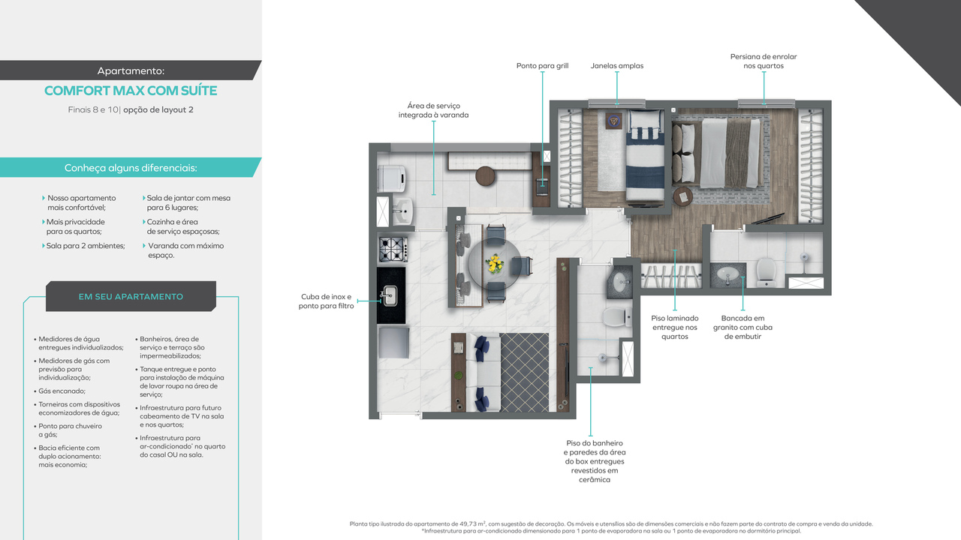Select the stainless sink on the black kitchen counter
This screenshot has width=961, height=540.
pyautogui.click(x=390, y=295)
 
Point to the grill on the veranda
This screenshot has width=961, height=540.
pyautogui.click(x=542, y=184)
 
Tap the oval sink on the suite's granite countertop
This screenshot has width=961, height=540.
pyautogui.click(x=725, y=274)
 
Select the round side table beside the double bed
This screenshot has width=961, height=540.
pyautogui.click(x=683, y=196)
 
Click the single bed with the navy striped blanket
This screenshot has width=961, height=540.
pyautogui.click(x=645, y=155)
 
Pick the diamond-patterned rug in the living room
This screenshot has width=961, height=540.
pyautogui.click(x=524, y=372)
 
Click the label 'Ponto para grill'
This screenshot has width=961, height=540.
pyautogui.click(x=542, y=66)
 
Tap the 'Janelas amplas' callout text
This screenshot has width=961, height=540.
pyautogui.click(x=616, y=66)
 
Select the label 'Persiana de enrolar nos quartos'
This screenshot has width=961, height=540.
pyautogui.click(x=764, y=61)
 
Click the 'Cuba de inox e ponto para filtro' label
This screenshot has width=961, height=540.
pyautogui.click(x=326, y=301)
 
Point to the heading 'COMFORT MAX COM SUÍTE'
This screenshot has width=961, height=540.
pyautogui.click(x=131, y=91)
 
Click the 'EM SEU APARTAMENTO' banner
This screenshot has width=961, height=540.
pyautogui.click(x=131, y=296)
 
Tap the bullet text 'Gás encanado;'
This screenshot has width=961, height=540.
pyautogui.click(x=62, y=391)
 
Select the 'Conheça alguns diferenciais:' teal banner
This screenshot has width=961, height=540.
pyautogui.click(x=131, y=168)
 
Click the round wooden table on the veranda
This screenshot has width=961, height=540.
pyautogui.click(x=487, y=175)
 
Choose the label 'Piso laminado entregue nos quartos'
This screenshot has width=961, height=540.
pyautogui.click(x=674, y=327)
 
